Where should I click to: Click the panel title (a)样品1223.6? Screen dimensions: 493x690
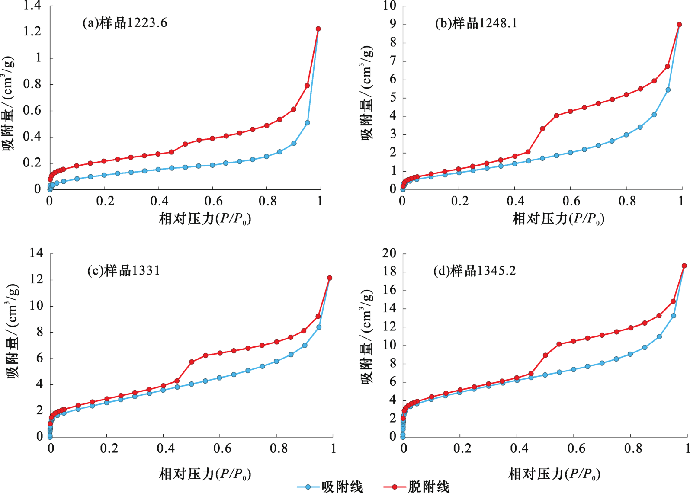point(125,23)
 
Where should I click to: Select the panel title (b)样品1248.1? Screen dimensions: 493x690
point(476,23)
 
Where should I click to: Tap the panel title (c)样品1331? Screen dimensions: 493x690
point(124,271)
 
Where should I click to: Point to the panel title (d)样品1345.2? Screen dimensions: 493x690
point(475,271)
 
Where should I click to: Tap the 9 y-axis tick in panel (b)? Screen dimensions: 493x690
point(392,24)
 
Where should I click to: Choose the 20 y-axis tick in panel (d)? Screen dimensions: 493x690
point(389,253)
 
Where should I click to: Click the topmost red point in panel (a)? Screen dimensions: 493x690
point(318,29)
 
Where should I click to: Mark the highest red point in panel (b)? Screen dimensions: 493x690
point(679,25)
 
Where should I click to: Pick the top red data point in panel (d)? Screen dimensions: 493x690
point(684,266)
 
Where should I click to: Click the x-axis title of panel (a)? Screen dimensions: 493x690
point(205,219)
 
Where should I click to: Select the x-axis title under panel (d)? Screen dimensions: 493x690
point(554,474)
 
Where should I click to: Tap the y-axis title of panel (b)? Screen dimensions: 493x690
point(367,93)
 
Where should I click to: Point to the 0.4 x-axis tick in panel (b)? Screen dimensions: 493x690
point(515,201)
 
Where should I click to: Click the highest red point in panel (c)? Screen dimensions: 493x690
point(330,278)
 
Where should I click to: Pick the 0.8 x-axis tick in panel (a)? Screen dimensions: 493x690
point(267,201)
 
